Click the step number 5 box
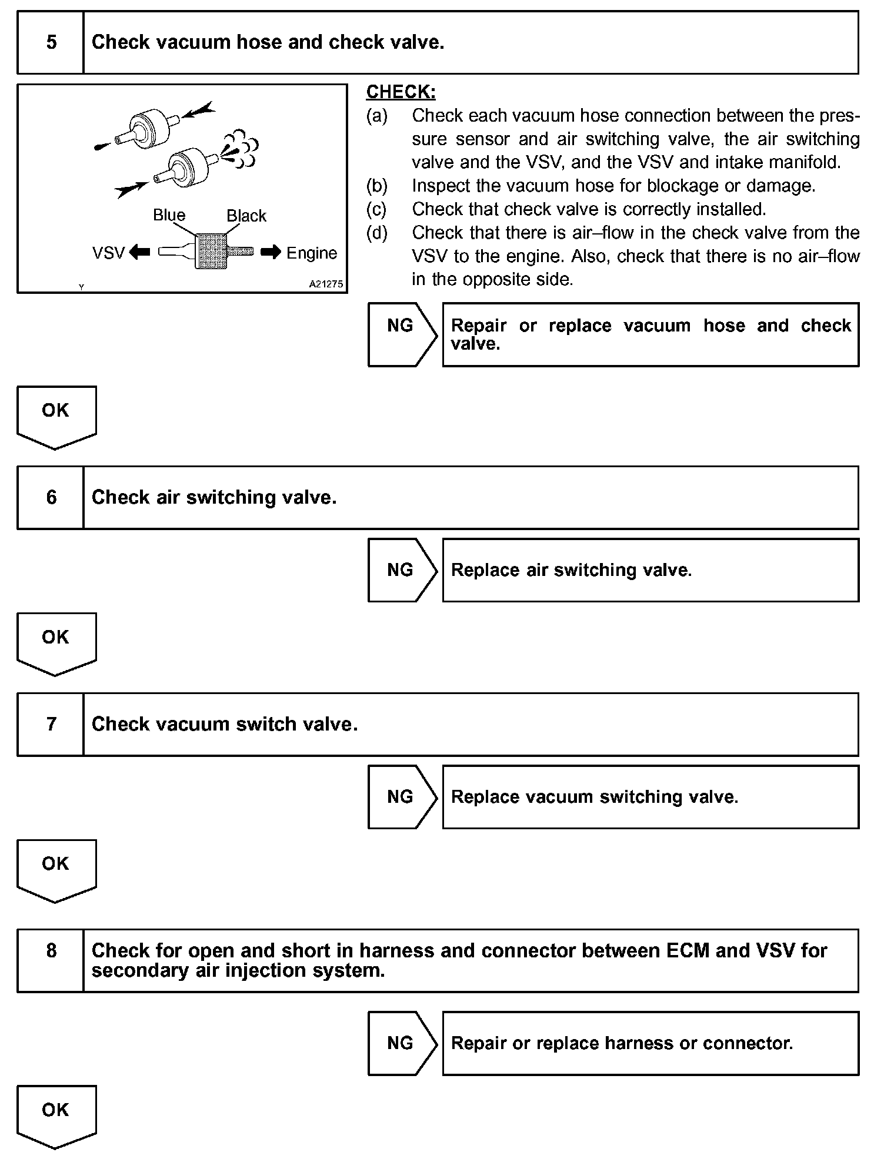click(51, 42)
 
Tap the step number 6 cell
click(51, 498)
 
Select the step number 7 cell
click(51, 724)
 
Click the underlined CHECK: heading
click(401, 92)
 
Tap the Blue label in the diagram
click(169, 215)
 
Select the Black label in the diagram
click(246, 216)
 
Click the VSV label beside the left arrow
click(109, 253)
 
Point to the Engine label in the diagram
click(312, 253)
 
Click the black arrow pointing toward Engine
click(271, 252)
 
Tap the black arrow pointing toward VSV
click(139, 252)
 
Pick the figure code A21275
click(326, 284)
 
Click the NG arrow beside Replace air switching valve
click(402, 570)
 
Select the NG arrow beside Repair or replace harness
click(402, 1043)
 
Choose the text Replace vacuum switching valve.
click(594, 797)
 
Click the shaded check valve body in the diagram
click(211, 252)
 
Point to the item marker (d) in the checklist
click(377, 233)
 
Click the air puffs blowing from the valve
click(241, 146)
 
